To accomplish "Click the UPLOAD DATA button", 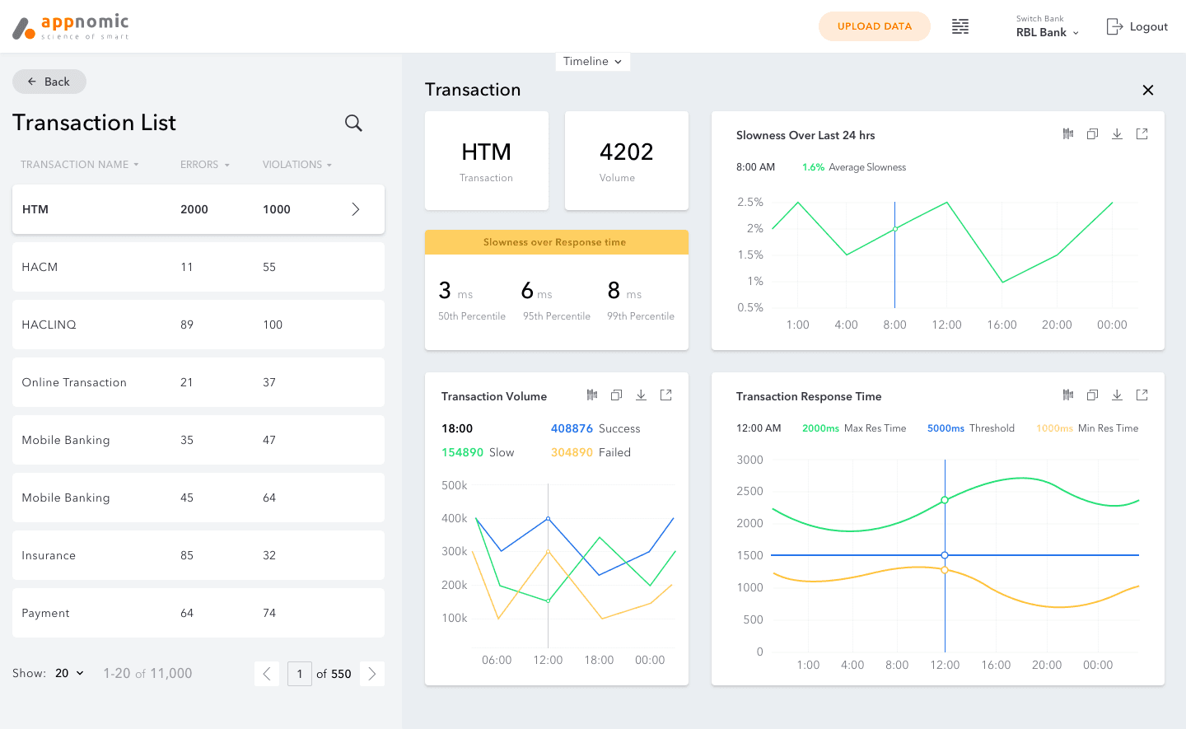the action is point(874,26).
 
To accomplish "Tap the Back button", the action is point(49,82).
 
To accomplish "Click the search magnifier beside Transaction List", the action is point(353,123).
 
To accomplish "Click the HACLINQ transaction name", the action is point(49,325).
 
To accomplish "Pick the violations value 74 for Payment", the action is point(269,613).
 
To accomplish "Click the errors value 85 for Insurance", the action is point(186,555).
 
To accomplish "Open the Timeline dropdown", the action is point(592,62).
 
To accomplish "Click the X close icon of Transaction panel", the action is point(1147,90).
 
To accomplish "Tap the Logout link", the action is point(1137,26).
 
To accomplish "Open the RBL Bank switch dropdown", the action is point(1047,32).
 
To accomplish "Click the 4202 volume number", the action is point(626,152).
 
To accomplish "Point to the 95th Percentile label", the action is point(557,316).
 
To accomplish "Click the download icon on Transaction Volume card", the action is point(641,395).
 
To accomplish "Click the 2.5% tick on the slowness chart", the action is point(749,202).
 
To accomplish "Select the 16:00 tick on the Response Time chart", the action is point(996,665).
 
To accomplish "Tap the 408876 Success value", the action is point(572,428).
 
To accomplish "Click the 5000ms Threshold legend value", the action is point(946,428).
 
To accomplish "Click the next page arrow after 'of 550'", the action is point(372,674).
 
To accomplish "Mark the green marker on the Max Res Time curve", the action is point(945,500).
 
